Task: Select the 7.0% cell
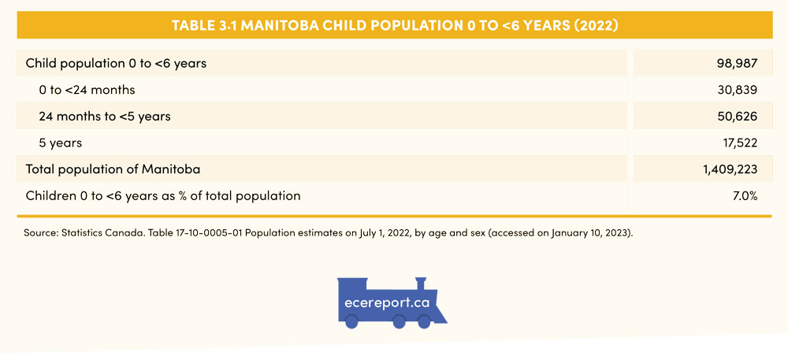[x=745, y=195]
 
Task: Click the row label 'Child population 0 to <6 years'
[x=116, y=63]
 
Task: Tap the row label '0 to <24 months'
[x=87, y=90]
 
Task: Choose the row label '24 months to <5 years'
[x=105, y=117]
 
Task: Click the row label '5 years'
[x=60, y=143]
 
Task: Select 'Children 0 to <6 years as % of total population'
[x=163, y=195]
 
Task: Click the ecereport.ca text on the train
[x=387, y=303]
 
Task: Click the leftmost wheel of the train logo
[x=352, y=321]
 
